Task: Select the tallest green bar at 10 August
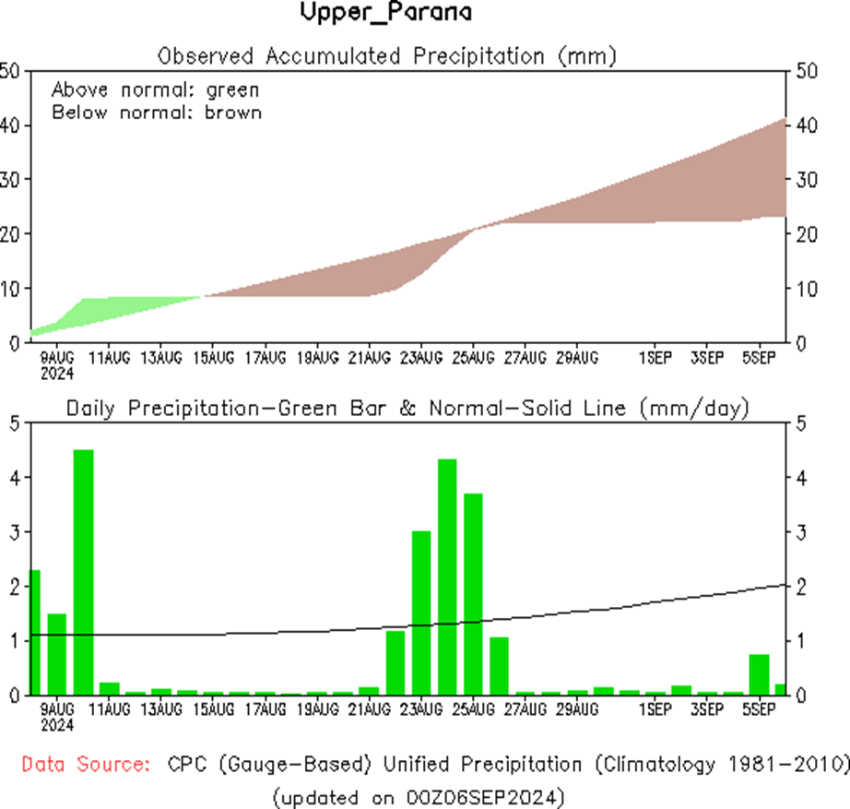point(83,572)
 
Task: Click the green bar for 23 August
point(421,613)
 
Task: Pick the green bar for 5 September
point(759,674)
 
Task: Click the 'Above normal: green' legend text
point(155,90)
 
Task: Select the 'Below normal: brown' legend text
point(157,113)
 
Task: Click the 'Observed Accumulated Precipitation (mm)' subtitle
point(386,56)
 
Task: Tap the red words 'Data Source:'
point(85,765)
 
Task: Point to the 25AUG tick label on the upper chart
point(474,357)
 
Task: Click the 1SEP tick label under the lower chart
point(655,709)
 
